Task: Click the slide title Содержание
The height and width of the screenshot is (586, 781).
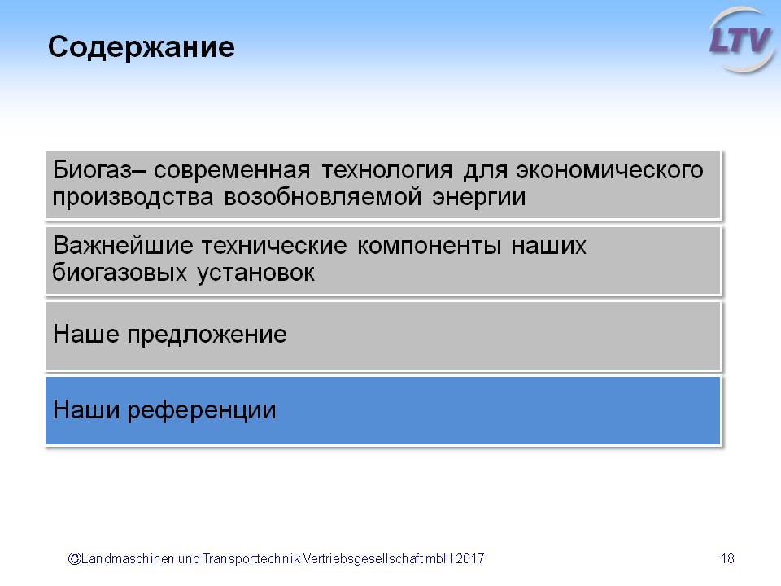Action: click(x=141, y=48)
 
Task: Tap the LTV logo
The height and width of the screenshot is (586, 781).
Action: click(x=741, y=40)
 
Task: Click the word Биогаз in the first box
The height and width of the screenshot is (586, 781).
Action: click(x=93, y=170)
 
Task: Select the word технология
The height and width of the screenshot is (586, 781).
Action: click(x=387, y=170)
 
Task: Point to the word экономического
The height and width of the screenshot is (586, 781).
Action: click(x=609, y=170)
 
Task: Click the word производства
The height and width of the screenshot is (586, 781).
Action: click(x=133, y=197)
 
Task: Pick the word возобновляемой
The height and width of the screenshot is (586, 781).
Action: click(x=323, y=197)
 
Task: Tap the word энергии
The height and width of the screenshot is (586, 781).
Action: click(x=478, y=197)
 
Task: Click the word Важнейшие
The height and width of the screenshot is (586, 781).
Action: click(x=123, y=246)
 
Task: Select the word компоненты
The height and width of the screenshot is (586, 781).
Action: click(x=429, y=246)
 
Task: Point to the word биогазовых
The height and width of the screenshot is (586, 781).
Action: click(x=120, y=273)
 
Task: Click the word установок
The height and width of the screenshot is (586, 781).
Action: click(x=255, y=273)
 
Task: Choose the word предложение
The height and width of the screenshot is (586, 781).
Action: click(x=207, y=335)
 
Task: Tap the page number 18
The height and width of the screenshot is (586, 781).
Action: click(x=727, y=558)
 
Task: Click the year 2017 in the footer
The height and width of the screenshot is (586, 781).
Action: click(x=469, y=558)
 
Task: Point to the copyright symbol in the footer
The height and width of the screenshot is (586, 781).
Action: click(x=74, y=558)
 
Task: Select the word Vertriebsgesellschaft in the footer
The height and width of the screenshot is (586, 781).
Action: click(x=363, y=559)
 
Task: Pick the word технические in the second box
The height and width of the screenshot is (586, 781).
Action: click(x=274, y=246)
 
